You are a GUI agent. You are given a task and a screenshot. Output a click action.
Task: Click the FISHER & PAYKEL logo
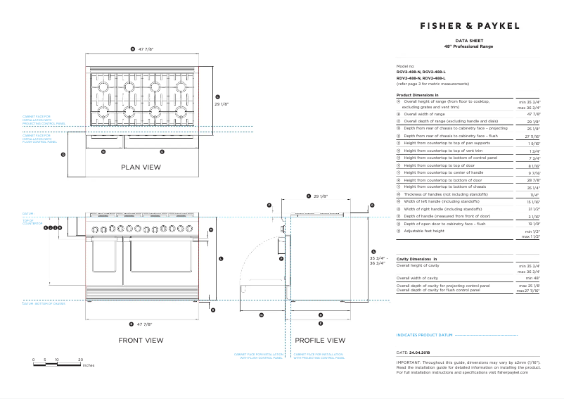(x=469, y=26)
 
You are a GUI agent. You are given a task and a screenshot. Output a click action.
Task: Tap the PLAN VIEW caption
(x=141, y=167)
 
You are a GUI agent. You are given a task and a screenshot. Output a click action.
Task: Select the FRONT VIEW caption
(x=141, y=340)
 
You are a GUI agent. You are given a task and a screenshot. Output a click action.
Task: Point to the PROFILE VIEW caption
(x=320, y=340)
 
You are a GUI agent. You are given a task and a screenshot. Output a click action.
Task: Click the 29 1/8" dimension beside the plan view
(x=222, y=103)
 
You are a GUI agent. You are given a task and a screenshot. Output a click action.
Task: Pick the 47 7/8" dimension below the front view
(x=144, y=324)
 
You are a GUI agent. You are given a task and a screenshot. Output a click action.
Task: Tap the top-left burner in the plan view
(x=103, y=87)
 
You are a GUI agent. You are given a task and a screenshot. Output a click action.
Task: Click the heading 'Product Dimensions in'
(x=418, y=94)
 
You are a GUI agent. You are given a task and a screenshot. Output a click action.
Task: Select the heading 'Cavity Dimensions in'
(x=417, y=260)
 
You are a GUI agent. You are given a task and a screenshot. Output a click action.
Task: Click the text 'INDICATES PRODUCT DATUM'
(x=424, y=335)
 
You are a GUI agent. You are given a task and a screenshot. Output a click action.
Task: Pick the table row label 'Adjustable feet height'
(x=423, y=230)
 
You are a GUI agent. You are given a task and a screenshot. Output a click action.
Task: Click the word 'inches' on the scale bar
(x=88, y=366)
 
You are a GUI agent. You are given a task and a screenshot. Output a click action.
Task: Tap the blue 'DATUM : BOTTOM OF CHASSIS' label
(x=44, y=303)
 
